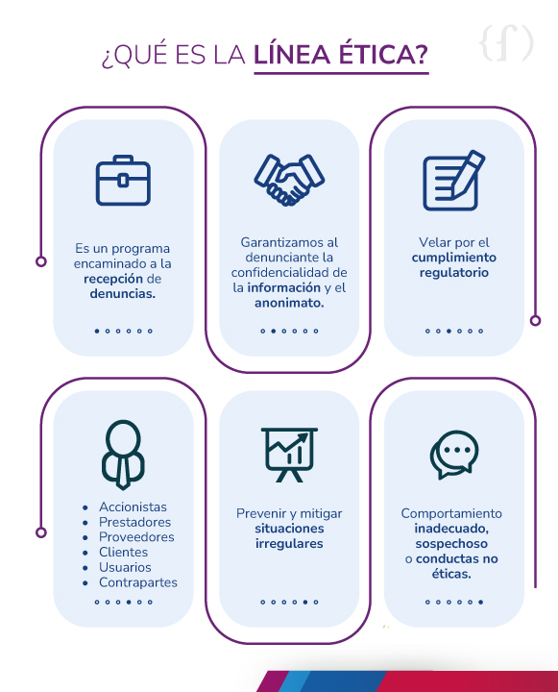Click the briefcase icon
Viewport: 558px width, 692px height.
[123, 180]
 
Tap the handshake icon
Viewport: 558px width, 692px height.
[289, 180]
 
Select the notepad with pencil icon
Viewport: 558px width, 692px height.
[454, 181]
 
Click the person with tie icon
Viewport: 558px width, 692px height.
[123, 455]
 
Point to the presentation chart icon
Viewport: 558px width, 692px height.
[289, 455]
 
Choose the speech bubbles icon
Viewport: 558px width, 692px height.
[454, 455]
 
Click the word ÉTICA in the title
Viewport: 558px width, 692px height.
[383, 54]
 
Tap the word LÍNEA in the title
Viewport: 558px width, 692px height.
[292, 54]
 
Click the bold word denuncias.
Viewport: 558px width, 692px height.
[123, 294]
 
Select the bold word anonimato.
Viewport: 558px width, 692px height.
[289, 303]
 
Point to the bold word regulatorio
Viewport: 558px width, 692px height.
[454, 273]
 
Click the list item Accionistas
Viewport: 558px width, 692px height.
[133, 507]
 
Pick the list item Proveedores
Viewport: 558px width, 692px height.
[136, 537]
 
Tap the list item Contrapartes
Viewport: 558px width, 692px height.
[138, 582]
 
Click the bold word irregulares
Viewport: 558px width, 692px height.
[289, 544]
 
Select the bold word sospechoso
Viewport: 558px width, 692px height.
[451, 544]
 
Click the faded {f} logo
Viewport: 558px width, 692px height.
[506, 43]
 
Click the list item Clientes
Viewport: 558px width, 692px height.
[123, 552]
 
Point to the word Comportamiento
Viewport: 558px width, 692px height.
[451, 513]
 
